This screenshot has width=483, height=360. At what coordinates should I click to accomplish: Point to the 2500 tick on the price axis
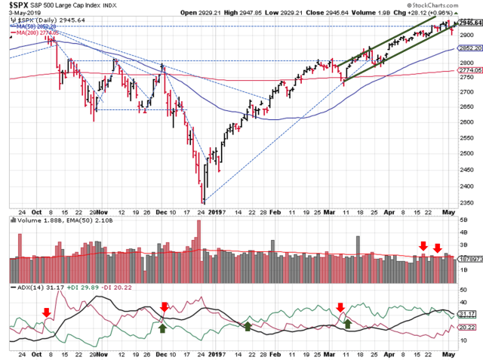coord(467,154)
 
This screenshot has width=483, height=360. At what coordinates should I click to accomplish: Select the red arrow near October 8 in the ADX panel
coord(47,312)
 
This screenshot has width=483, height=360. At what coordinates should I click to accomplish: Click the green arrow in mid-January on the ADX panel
coord(247,325)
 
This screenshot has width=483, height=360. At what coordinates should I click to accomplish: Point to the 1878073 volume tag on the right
coord(470,258)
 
